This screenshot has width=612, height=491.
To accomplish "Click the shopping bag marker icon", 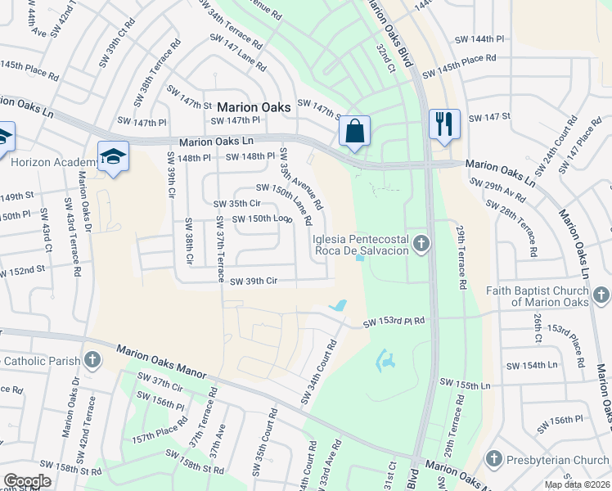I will point(355,131).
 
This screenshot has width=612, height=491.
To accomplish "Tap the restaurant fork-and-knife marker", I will point(444,124).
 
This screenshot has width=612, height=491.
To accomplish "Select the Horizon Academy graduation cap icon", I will point(114,155).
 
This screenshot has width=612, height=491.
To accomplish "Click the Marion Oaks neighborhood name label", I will point(253,106).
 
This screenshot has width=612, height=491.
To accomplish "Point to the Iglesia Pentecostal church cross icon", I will point(421,242).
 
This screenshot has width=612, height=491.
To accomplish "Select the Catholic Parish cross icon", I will point(92,359).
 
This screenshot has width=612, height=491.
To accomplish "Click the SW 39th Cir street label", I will point(254,282).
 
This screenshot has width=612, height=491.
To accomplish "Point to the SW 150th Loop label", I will point(262,218).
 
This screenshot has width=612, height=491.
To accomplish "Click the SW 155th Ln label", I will point(466,383).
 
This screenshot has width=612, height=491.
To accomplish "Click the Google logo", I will point(27,480).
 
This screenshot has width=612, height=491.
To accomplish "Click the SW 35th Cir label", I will point(236,204).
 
